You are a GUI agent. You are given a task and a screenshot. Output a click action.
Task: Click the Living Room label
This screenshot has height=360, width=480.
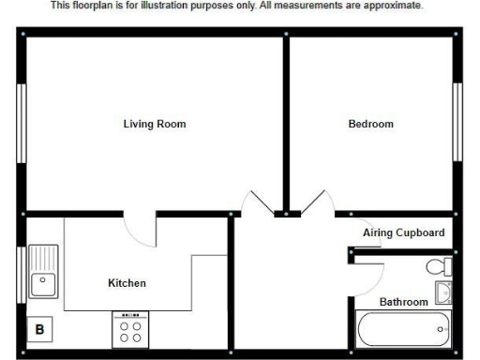point(155,124)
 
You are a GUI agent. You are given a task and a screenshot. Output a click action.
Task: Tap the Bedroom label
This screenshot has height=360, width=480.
point(370,124)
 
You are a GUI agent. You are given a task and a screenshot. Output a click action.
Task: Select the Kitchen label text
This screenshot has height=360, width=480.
point(127,282)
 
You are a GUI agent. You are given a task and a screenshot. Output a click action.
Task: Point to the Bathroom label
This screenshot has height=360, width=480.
point(403,302)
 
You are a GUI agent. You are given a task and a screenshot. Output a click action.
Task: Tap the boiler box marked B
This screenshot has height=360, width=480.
point(40,329)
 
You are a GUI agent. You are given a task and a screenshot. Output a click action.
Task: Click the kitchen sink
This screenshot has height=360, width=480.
point(41,272)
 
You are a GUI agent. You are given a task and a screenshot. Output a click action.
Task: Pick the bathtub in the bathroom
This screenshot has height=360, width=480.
point(403,330)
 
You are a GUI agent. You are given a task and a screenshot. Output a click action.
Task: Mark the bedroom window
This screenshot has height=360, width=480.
point(458,122)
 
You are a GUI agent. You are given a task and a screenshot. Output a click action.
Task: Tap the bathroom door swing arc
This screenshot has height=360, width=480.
point(371,276)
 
